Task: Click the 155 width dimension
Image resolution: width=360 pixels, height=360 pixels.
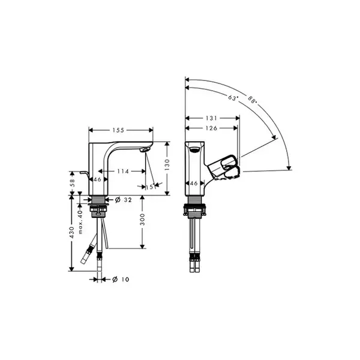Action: [118, 130]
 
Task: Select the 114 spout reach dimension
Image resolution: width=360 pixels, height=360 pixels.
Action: [123, 171]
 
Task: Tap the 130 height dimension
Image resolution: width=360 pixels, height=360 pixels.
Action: [167, 164]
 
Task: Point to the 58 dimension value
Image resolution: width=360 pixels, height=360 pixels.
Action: [72, 183]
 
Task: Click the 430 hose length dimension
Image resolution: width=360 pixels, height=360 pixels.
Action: [72, 232]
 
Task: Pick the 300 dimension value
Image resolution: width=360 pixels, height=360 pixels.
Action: [142, 219]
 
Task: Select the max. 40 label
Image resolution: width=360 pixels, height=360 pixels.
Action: [80, 222]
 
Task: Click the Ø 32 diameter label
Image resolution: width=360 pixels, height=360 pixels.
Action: [123, 200]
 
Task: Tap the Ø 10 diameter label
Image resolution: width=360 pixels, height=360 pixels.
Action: [121, 280]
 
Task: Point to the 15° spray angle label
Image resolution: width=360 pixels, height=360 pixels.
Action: [150, 187]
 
